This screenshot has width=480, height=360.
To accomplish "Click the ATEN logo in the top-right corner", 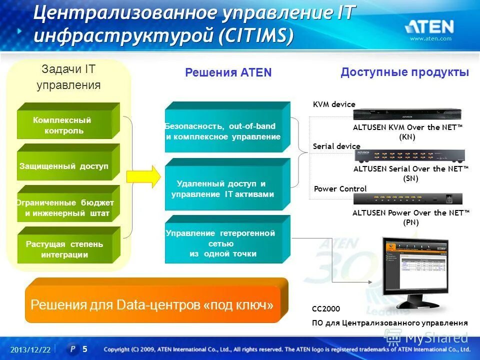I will click(429, 26).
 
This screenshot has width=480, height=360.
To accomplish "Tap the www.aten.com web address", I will click(430, 39).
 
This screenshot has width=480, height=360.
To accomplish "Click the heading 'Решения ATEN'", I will click(228, 72).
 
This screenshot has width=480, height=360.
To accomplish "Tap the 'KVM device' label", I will click(334, 104).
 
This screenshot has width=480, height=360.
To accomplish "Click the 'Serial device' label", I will click(336, 146).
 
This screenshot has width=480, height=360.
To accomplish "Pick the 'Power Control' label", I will click(340, 188).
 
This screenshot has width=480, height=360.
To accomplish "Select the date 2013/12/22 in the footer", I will click(30, 349).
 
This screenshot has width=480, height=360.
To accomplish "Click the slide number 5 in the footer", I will click(85, 349).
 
